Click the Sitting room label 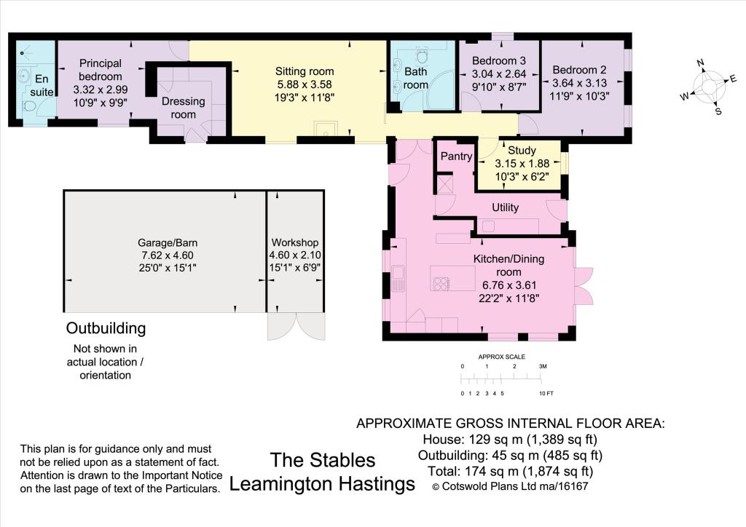point(305,71)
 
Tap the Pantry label point(456,156)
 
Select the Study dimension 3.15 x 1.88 point(522,164)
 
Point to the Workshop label point(295,242)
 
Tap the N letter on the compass point(700,63)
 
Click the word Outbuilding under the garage point(106,328)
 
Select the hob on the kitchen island point(441,284)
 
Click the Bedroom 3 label point(498,61)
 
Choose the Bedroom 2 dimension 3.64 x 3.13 point(578,83)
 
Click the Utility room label point(506,207)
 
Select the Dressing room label point(183,108)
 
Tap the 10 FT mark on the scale point(546,394)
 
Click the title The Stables point(323,460)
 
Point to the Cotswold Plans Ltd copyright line point(510,487)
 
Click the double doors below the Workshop point(296,327)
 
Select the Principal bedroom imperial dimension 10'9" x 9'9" point(101,103)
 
